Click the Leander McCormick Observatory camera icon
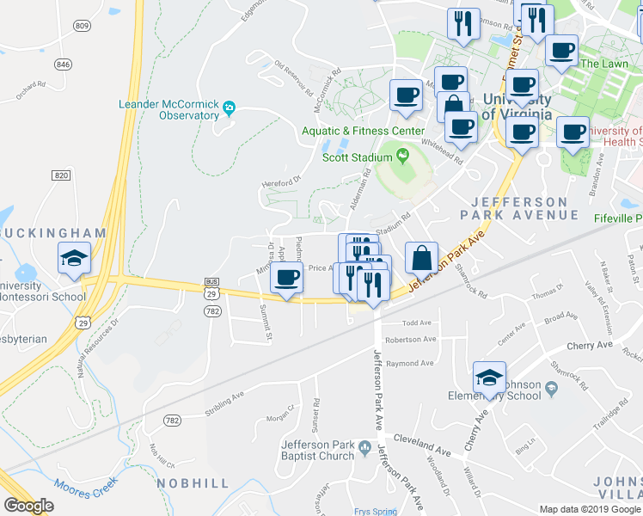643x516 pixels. click(x=229, y=108)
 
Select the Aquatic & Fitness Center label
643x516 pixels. click(x=362, y=132)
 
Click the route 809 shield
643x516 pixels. click(x=82, y=27)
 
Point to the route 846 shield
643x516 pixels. click(x=63, y=64)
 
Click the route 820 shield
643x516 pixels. click(x=60, y=175)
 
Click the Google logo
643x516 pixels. click(x=28, y=506)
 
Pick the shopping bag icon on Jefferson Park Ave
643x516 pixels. click(x=421, y=258)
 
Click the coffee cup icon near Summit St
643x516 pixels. click(x=286, y=278)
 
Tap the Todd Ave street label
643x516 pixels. click(x=416, y=323)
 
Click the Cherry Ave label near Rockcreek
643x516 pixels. click(x=589, y=345)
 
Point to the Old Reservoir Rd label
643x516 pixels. click(x=296, y=76)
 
